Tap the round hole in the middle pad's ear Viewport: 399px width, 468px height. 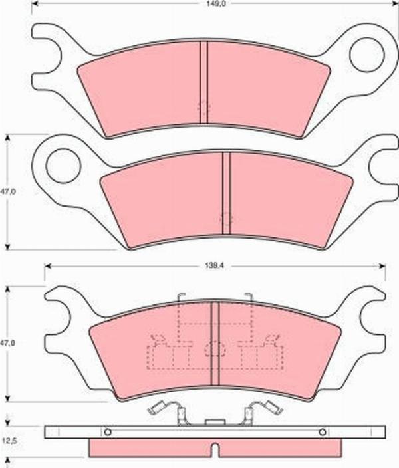click(x=63, y=164)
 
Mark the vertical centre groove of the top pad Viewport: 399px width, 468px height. click(x=205, y=82)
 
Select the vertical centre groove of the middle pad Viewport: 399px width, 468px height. click(x=226, y=193)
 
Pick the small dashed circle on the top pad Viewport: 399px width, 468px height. click(x=204, y=106)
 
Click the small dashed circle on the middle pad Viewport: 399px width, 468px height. click(x=226, y=218)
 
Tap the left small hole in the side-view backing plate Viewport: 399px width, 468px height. click(x=108, y=431)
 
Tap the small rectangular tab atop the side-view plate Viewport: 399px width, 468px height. click(x=215, y=422)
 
